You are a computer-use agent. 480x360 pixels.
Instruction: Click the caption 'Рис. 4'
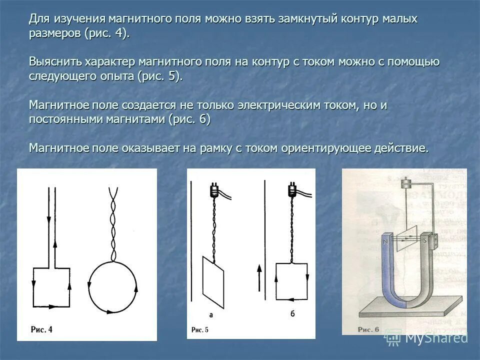coord(41,329)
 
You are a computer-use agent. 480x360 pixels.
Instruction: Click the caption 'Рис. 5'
coord(200,329)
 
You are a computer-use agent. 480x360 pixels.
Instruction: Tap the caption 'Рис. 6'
coord(368,329)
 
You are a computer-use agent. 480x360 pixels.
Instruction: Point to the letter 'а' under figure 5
coord(211,315)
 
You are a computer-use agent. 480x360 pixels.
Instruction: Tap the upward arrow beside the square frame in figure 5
coord(259,277)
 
